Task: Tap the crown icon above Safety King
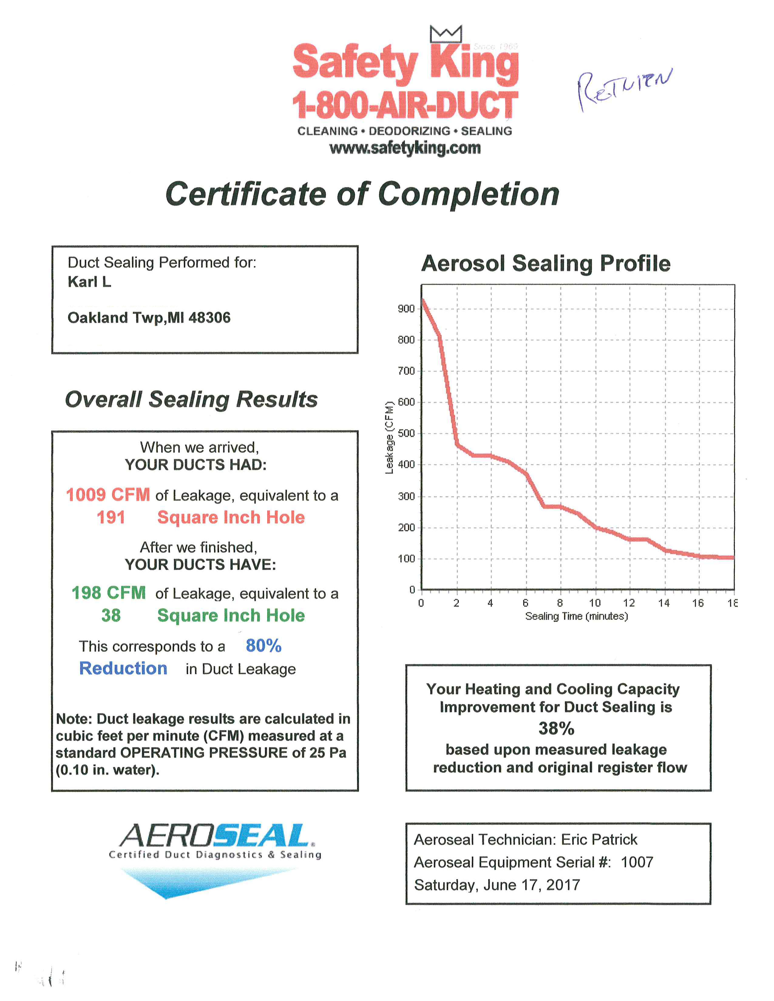[x=445, y=34]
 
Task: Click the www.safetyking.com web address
[x=405, y=148]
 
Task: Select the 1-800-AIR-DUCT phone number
[x=405, y=105]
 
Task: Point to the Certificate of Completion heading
[x=362, y=194]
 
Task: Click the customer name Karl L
[x=90, y=281]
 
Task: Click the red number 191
[x=110, y=517]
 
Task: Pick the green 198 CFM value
[x=109, y=593]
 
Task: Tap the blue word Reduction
[x=123, y=668]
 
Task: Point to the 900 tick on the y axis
[x=406, y=308]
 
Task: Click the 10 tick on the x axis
[x=595, y=603]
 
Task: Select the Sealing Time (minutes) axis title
[x=576, y=616]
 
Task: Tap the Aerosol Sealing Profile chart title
[x=546, y=264]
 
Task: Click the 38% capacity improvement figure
[x=556, y=728]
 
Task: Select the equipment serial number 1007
[x=637, y=862]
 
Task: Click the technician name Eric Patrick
[x=599, y=839]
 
